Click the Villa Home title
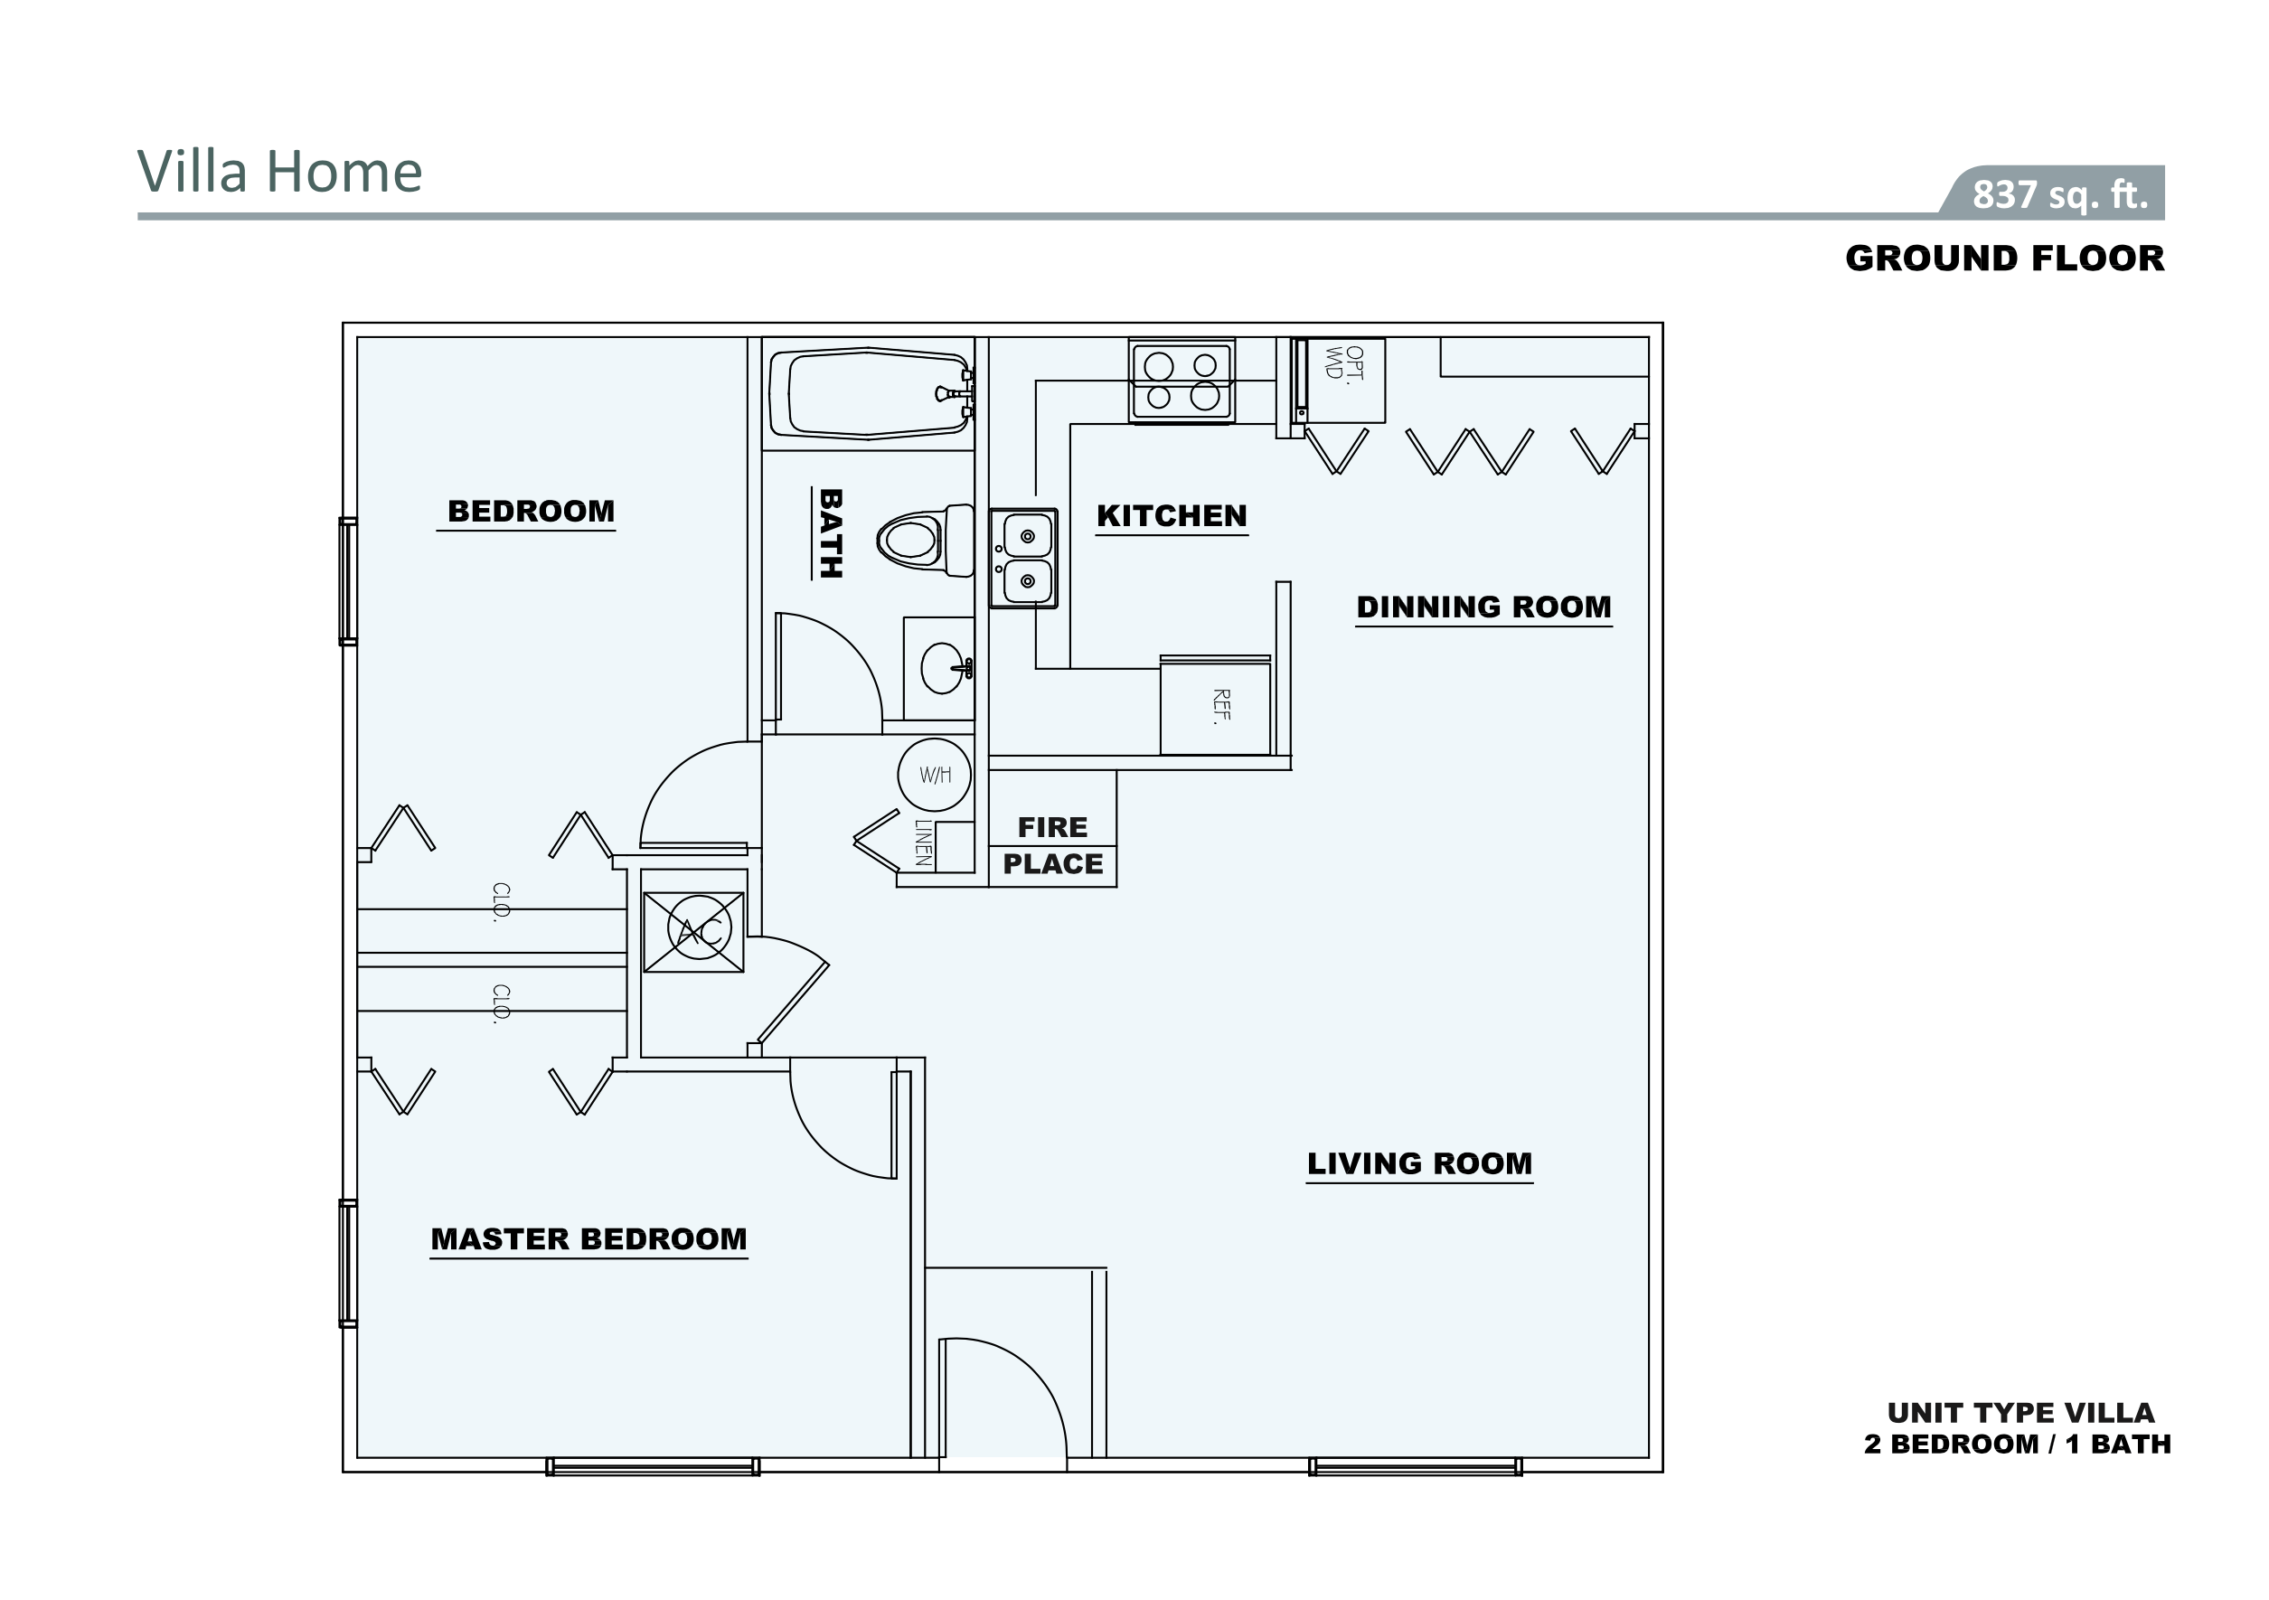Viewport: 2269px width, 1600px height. (279, 172)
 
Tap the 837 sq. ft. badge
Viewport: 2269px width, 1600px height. (2059, 193)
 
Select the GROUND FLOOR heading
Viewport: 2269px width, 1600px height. (2004, 259)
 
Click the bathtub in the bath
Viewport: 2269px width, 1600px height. (870, 393)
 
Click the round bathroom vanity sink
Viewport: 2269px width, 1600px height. (941, 668)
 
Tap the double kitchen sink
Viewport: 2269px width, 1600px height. (1024, 559)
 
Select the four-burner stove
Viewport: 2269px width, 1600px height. (1181, 381)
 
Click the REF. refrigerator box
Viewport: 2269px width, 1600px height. (1216, 708)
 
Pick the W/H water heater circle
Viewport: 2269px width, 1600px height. (934, 775)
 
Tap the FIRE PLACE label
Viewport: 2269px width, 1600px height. (1052, 845)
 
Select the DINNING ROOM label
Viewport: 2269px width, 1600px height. (1483, 607)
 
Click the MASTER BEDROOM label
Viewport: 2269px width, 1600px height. (589, 1239)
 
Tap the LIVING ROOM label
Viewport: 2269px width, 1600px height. (1419, 1164)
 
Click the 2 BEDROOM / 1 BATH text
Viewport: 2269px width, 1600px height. (2017, 1444)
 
